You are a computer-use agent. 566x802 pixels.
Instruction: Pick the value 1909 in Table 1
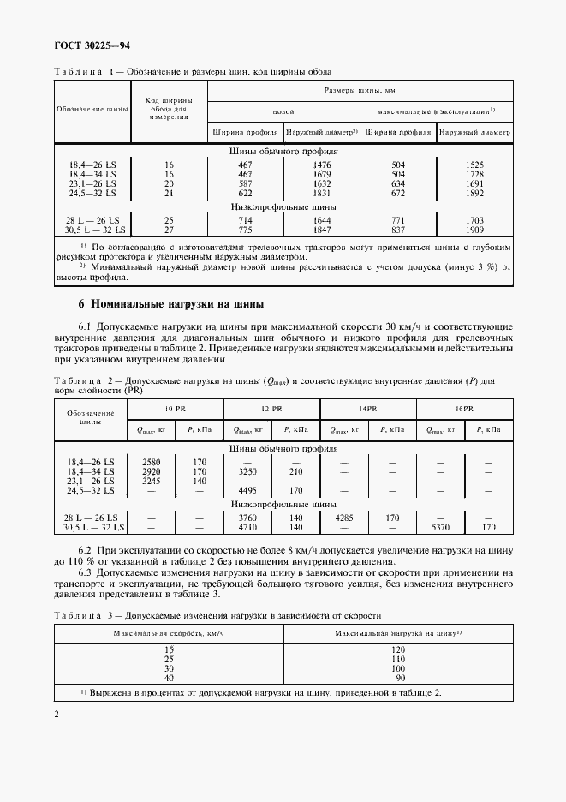475,230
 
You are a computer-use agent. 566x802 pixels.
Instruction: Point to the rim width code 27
169,230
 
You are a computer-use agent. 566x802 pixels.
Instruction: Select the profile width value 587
246,183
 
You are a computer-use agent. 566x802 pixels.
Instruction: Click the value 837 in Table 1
397,230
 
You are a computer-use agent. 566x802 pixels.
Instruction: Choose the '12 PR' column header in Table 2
274,409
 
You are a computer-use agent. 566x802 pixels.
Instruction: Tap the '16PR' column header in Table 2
464,409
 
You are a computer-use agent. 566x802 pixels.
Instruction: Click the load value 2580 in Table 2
151,462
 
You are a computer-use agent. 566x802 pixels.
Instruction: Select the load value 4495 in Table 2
247,490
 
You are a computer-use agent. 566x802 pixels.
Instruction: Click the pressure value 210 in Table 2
296,471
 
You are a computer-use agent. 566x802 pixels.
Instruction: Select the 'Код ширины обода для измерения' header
169,110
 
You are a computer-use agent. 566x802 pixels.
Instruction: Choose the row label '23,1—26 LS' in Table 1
92,183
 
